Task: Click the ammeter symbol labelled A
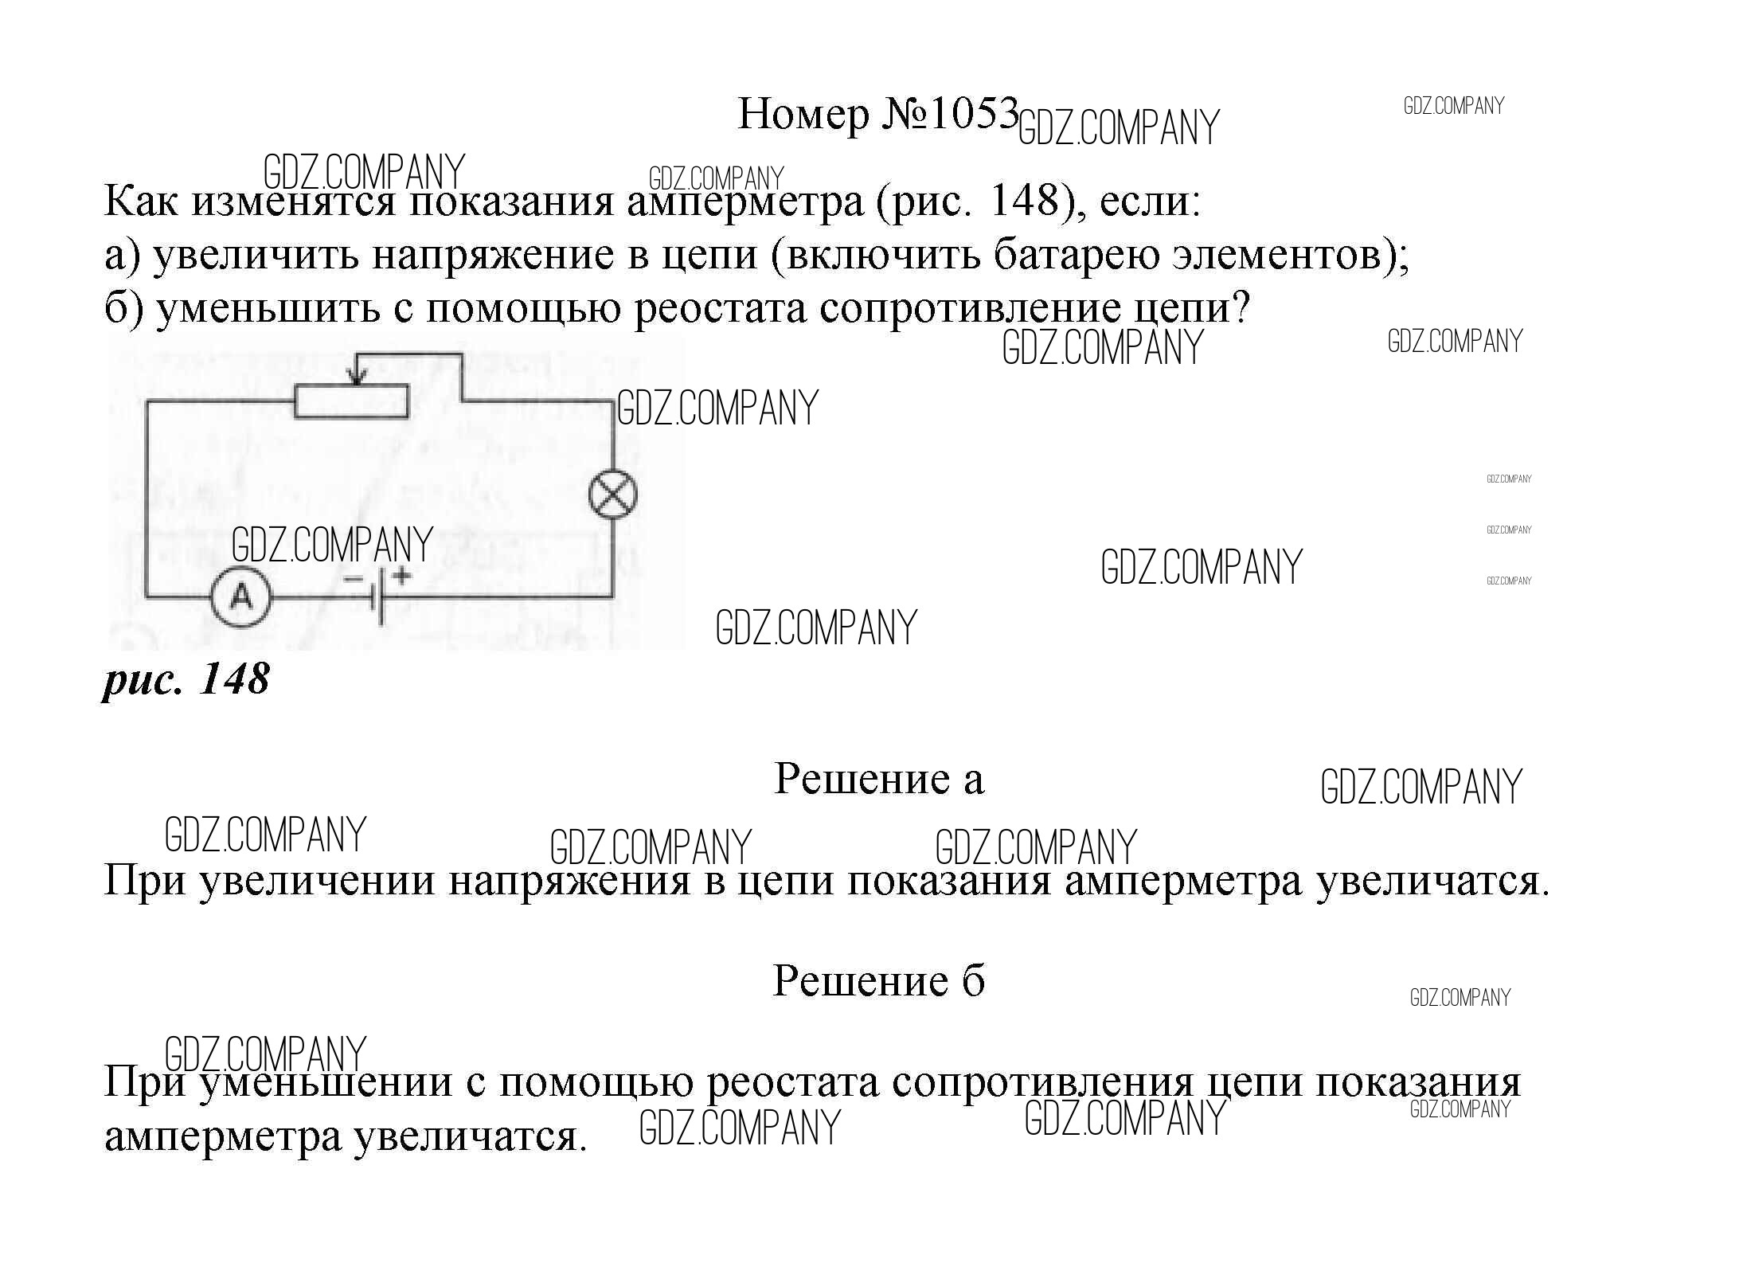242,596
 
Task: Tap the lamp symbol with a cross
612,495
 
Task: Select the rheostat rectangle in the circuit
351,401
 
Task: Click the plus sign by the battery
402,574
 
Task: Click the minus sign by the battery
353,579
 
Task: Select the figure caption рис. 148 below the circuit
186,680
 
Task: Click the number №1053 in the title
950,114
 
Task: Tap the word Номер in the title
803,115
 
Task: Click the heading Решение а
879,779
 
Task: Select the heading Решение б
879,980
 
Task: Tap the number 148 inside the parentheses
1023,201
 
